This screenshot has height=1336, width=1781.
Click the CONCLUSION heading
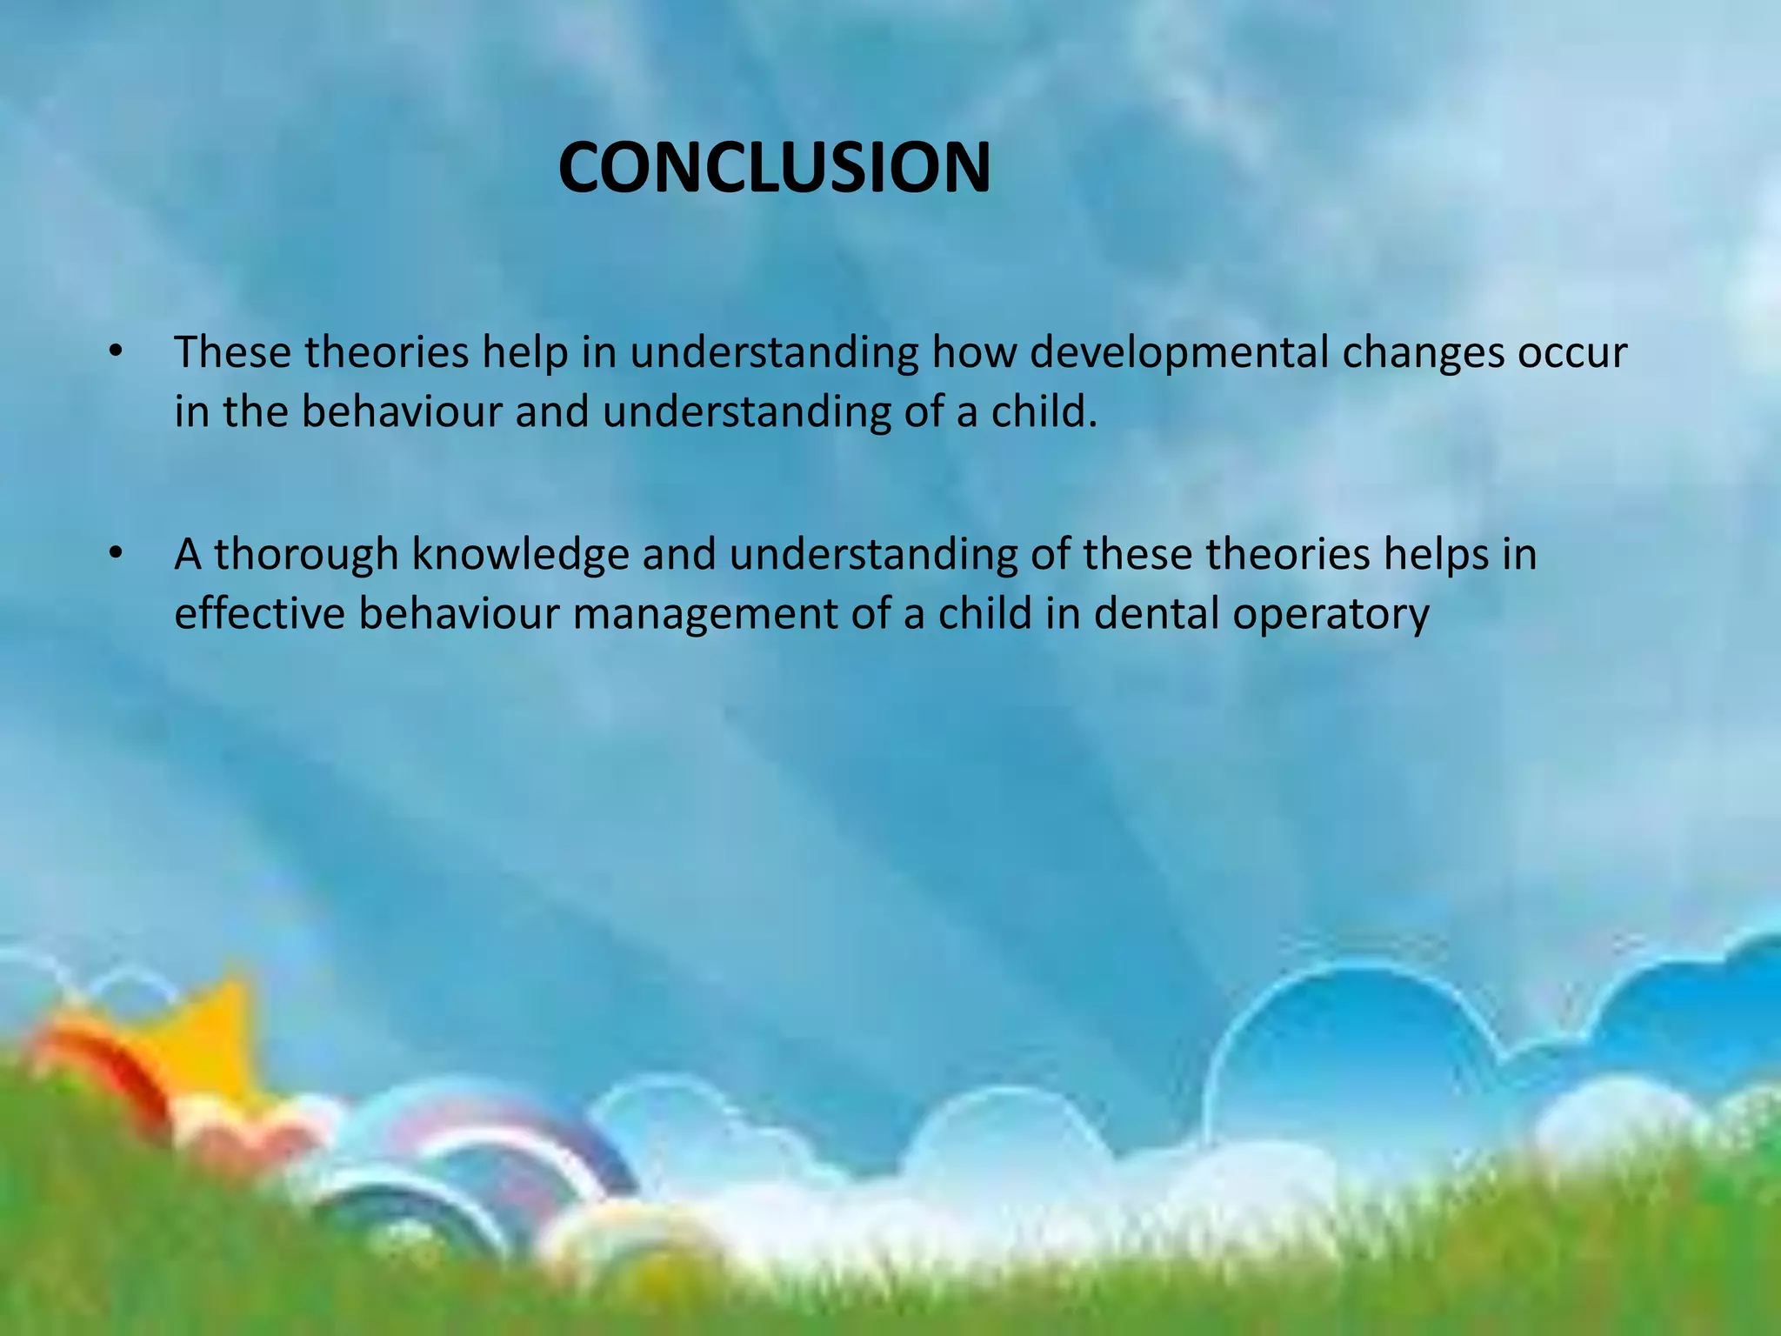(774, 167)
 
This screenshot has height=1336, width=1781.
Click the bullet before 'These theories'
(116, 352)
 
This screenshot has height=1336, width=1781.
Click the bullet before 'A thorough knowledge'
(116, 554)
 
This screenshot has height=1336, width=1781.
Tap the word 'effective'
(259, 613)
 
